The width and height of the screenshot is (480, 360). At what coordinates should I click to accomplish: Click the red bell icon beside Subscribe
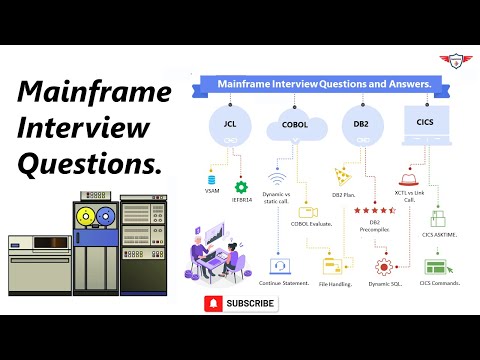click(213, 302)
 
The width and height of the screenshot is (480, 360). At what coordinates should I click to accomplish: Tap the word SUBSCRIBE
click(250, 302)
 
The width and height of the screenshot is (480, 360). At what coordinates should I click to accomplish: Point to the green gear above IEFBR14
click(240, 186)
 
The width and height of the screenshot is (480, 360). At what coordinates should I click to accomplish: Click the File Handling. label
click(339, 283)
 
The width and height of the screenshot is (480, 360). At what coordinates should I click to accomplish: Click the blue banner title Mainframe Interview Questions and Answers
click(325, 85)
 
